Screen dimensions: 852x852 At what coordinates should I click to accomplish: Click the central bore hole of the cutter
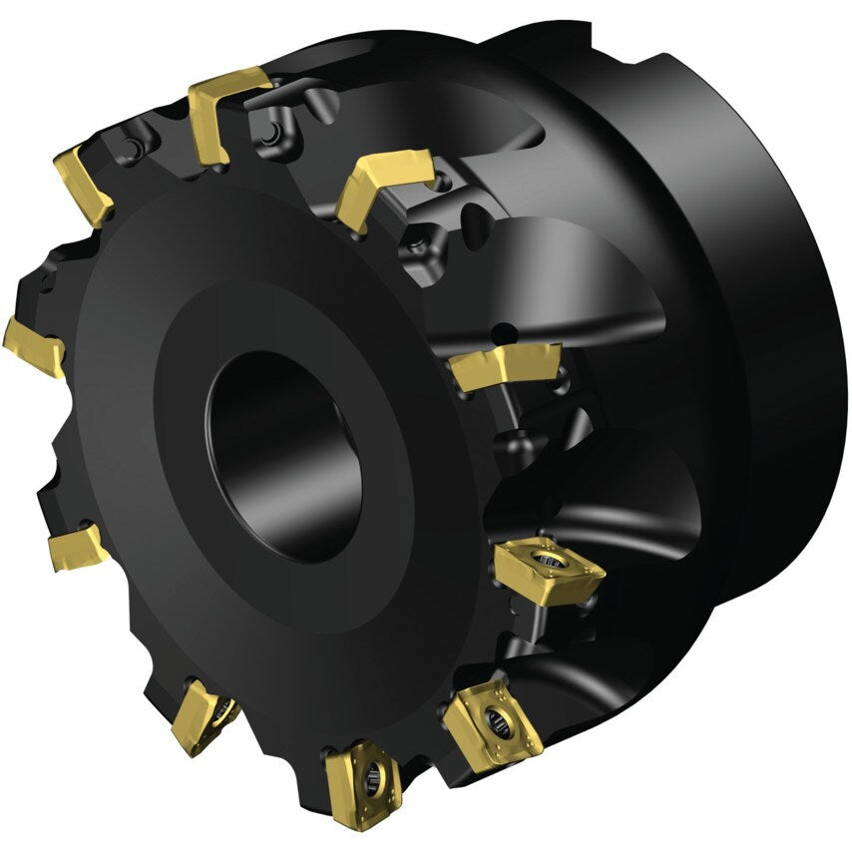284,454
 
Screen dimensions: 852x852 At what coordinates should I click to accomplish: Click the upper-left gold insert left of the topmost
85,186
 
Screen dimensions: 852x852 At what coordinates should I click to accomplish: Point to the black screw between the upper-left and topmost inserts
130,150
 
